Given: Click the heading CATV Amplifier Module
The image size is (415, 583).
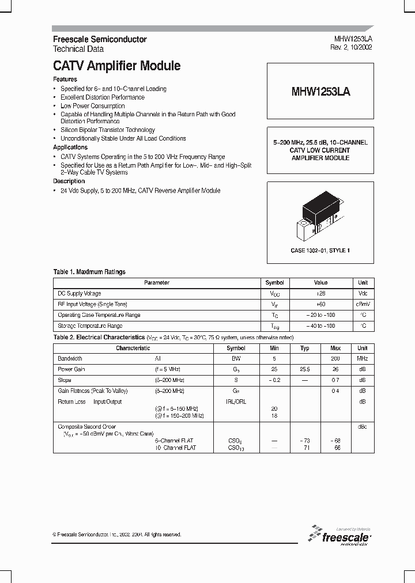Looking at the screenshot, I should (x=116, y=66).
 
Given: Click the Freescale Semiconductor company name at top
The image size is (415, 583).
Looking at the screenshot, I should (x=100, y=39).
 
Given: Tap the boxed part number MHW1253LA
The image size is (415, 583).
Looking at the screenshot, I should (x=320, y=92).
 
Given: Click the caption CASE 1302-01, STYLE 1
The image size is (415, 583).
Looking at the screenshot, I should (x=320, y=250).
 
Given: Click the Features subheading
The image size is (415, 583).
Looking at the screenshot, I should (x=65, y=79).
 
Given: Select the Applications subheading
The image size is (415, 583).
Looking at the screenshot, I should (x=70, y=147).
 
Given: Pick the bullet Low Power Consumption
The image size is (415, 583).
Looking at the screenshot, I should (x=92, y=106).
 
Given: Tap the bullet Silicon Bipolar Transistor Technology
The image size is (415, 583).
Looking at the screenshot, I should (x=108, y=130).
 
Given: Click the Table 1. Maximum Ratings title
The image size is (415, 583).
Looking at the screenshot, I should (x=89, y=272).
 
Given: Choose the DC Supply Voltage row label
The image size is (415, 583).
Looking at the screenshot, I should (x=80, y=294).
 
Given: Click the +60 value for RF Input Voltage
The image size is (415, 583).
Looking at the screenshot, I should (x=320, y=304).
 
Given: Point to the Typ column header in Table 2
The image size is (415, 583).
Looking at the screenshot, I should (x=305, y=348).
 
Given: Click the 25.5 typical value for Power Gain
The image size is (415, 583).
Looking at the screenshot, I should (x=305, y=369).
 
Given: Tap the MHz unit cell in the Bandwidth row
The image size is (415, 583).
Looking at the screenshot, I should (x=362, y=358).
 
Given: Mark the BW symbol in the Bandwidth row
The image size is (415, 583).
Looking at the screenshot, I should (x=236, y=358).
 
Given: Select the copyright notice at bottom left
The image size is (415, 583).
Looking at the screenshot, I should (x=117, y=535).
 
